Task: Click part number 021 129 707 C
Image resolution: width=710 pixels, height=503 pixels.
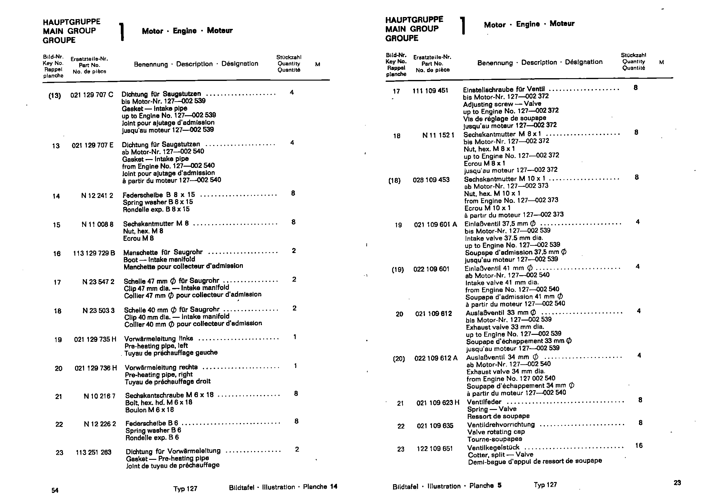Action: click(92, 95)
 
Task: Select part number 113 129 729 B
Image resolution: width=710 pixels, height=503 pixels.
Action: click(94, 253)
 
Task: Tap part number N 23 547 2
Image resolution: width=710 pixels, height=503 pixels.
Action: click(98, 282)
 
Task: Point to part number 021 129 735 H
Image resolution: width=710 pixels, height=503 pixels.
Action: click(95, 339)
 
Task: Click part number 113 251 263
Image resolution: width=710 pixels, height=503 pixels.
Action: click(93, 453)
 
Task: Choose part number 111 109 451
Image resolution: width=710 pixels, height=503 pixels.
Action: click(430, 91)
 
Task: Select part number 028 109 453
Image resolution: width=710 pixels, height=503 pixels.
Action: click(431, 180)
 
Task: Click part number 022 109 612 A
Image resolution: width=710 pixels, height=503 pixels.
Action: click(436, 358)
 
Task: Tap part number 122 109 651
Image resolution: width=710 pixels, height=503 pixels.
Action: click(434, 449)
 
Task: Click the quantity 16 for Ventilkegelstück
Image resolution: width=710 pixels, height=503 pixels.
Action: click(639, 446)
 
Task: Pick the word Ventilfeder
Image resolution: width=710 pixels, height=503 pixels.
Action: click(484, 402)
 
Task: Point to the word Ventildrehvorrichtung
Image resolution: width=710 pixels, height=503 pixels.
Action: click(501, 425)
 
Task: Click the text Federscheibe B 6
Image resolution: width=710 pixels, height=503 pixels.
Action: click(151, 423)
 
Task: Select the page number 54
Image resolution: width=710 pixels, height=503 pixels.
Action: click(55, 490)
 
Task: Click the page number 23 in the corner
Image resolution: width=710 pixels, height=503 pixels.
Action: click(677, 483)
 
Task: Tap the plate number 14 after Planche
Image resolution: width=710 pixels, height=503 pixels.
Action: click(333, 487)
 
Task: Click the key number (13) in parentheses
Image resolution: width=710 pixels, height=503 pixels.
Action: click(54, 96)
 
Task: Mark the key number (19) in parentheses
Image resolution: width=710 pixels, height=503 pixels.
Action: click(398, 270)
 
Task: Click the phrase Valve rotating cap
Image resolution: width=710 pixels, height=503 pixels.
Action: click(496, 432)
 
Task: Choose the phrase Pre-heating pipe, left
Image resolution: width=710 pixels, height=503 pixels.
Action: click(156, 346)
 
